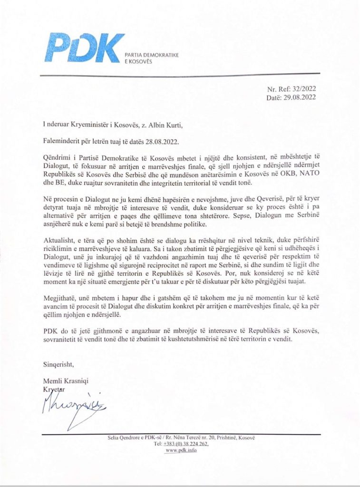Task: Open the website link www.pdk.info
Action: tap(180, 450)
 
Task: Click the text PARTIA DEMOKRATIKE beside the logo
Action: tap(151, 56)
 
